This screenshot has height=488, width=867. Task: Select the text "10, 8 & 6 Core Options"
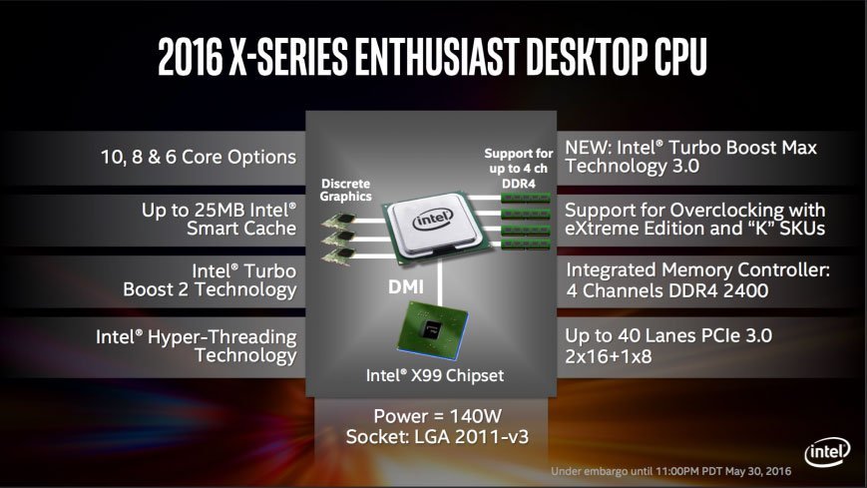(199, 157)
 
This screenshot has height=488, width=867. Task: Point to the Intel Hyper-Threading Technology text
(197, 345)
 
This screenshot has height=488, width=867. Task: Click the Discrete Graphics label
(346, 190)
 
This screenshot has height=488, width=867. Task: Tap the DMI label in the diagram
(405, 285)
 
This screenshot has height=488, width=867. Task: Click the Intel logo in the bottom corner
(827, 450)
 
